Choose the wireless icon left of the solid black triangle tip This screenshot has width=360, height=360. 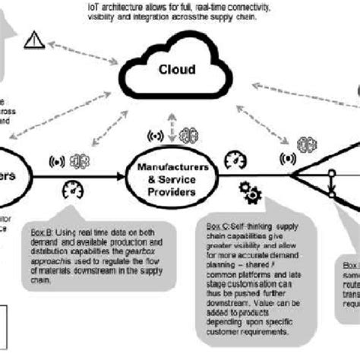point(288,160)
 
